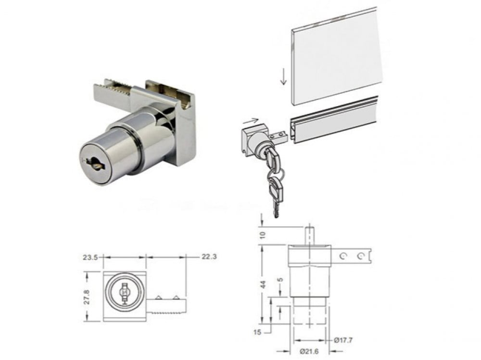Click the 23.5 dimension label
(90, 258)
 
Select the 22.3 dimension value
(209, 257)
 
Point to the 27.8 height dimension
(87, 297)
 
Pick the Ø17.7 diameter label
(343, 340)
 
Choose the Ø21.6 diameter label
(309, 351)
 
